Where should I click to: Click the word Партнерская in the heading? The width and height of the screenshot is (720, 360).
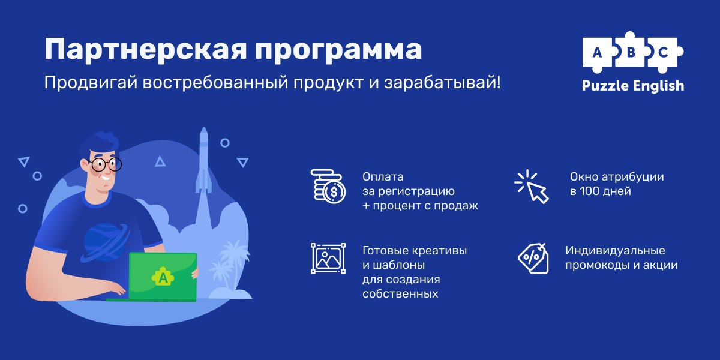pos(146,49)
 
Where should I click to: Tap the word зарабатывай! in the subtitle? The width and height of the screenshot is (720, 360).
pos(442,83)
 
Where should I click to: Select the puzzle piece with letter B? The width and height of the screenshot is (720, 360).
pos(631,53)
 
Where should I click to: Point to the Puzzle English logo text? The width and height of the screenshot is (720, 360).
pos(633,86)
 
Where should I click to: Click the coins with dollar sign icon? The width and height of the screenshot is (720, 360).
pos(328,186)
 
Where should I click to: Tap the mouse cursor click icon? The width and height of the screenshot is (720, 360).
pos(532,187)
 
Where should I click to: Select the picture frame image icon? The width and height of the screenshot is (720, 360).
pos(328,259)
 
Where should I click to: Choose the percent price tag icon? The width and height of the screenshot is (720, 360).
pos(533,259)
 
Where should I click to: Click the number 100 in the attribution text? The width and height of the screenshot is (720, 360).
pos(590,191)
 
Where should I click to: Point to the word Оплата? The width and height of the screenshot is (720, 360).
pos(383,177)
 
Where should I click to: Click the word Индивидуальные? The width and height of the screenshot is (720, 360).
pos(615,250)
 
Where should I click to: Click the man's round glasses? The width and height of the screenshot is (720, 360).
pos(105,164)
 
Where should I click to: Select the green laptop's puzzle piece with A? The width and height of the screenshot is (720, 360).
pos(163,277)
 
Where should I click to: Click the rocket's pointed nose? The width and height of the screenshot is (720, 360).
pos(203,131)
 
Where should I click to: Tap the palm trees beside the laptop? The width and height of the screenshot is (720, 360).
pos(229,265)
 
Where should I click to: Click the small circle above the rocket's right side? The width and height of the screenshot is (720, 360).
pos(224,143)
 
